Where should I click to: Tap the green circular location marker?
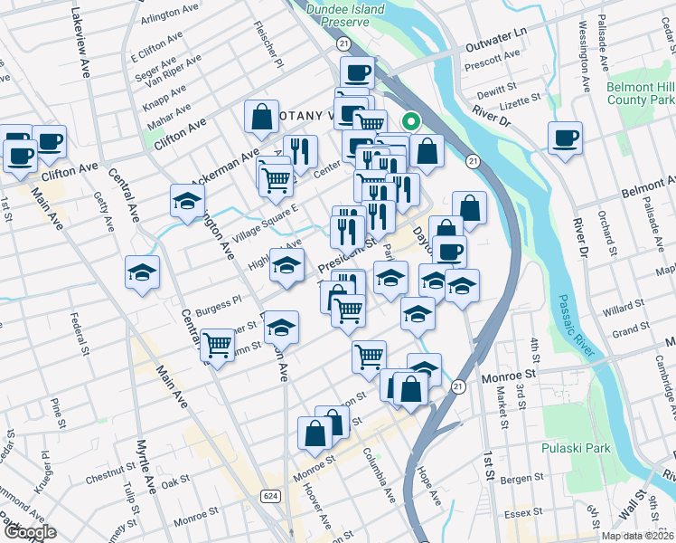click(410, 119)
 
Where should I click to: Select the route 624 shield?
click(269, 496)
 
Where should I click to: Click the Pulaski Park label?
click(576, 449)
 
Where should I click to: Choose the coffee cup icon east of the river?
click(565, 138)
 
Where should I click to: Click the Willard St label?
click(625, 310)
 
